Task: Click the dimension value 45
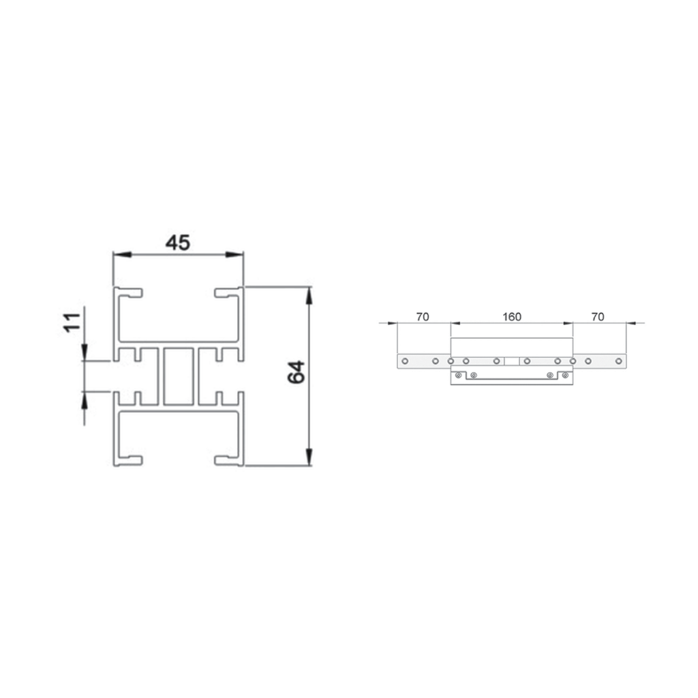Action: click(178, 243)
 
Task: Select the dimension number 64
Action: click(296, 372)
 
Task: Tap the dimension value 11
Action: click(72, 322)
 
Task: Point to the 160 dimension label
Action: click(511, 316)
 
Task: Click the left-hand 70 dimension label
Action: click(423, 316)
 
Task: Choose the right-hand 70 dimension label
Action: click(598, 316)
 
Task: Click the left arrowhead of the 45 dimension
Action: click(123, 254)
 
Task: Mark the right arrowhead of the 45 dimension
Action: click(234, 254)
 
